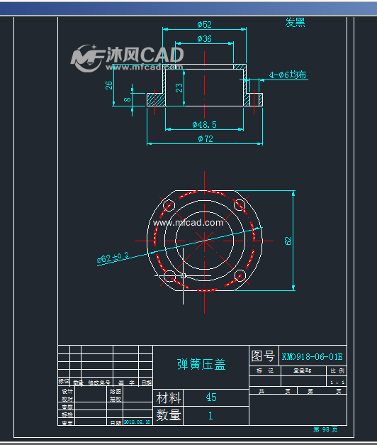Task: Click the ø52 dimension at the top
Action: [204, 24]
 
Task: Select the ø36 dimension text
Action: [204, 38]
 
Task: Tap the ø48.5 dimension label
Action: [204, 124]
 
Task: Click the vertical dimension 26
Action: [109, 85]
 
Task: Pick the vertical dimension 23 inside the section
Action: [179, 87]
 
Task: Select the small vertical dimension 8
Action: [128, 99]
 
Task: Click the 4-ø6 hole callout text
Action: [288, 74]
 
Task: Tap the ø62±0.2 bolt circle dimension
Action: [113, 258]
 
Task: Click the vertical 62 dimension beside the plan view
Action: [288, 241]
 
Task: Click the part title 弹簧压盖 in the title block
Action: [201, 364]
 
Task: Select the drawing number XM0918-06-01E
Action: [312, 356]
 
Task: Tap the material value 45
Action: [210, 397]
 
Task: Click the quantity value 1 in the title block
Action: [210, 416]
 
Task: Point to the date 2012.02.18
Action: [137, 422]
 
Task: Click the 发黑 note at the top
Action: [295, 22]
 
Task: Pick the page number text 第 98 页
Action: [325, 429]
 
